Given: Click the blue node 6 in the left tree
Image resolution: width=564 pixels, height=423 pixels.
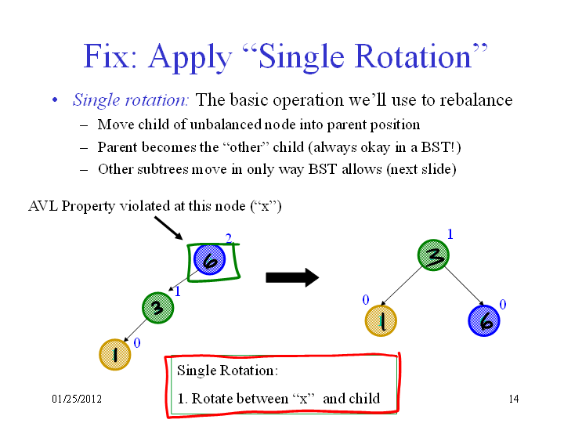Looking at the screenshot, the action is click(209, 260).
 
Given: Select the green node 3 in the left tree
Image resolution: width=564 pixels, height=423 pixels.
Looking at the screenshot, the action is click(157, 308).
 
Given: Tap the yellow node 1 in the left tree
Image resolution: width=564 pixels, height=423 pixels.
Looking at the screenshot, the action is click(114, 355).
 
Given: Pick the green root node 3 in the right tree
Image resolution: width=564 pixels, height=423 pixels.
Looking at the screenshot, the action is click(433, 255).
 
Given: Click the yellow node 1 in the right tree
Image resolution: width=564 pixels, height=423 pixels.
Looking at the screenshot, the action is click(381, 320).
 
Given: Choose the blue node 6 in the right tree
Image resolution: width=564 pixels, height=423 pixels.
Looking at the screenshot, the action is click(484, 320).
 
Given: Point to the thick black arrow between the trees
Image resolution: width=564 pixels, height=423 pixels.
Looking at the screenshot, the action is click(292, 277).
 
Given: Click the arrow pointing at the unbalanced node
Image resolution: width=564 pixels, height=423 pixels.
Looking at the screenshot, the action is click(168, 228).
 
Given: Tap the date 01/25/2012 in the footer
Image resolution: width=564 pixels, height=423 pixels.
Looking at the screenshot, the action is click(77, 399).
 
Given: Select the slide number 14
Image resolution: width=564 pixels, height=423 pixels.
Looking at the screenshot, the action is click(514, 399).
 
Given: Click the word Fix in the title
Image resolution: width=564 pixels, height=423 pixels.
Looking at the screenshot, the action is click(110, 56).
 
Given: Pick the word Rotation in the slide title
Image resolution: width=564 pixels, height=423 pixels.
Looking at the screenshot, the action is click(413, 56).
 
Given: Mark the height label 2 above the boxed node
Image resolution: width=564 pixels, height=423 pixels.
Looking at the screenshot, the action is click(229, 238).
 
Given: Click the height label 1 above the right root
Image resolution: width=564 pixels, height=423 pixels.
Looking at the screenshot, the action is click(450, 234).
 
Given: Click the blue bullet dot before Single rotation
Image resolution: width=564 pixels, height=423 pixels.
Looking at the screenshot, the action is click(55, 99).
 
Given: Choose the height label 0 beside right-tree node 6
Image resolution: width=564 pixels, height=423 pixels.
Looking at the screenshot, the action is click(503, 305).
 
